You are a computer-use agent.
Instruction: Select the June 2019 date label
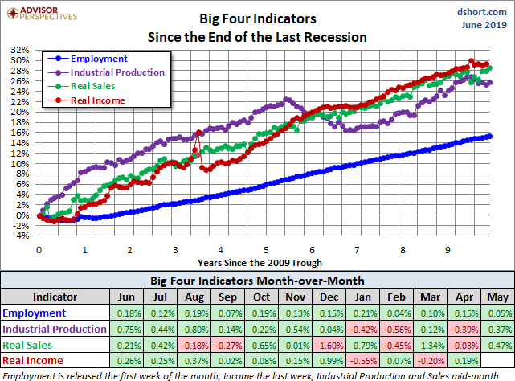484,26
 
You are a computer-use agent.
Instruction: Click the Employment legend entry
98,59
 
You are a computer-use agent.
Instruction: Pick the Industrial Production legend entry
117,72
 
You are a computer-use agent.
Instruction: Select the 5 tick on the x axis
265,249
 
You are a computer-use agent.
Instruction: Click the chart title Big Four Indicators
257,17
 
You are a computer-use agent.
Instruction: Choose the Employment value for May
497,313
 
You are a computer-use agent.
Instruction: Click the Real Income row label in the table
35,359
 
